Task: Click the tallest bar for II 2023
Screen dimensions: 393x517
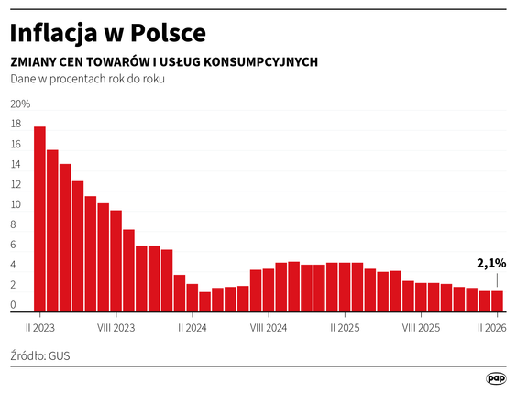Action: coord(39,220)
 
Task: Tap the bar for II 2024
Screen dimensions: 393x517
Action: coord(192,298)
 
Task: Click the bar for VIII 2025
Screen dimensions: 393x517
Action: coord(421,298)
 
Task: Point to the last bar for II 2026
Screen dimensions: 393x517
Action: coord(497,301)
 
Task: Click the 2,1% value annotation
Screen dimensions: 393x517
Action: coord(491,263)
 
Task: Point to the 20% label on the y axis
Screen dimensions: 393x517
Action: coord(20,104)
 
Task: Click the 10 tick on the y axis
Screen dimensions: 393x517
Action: coord(16,204)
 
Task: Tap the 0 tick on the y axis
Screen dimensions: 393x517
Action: coord(13,305)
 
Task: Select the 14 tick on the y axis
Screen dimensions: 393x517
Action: coord(16,164)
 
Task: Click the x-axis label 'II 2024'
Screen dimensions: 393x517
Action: coord(192,326)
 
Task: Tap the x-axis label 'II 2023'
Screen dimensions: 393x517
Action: coord(40,326)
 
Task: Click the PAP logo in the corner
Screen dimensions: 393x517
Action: coord(496,377)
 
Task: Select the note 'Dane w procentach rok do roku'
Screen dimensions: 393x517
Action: coord(87,79)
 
